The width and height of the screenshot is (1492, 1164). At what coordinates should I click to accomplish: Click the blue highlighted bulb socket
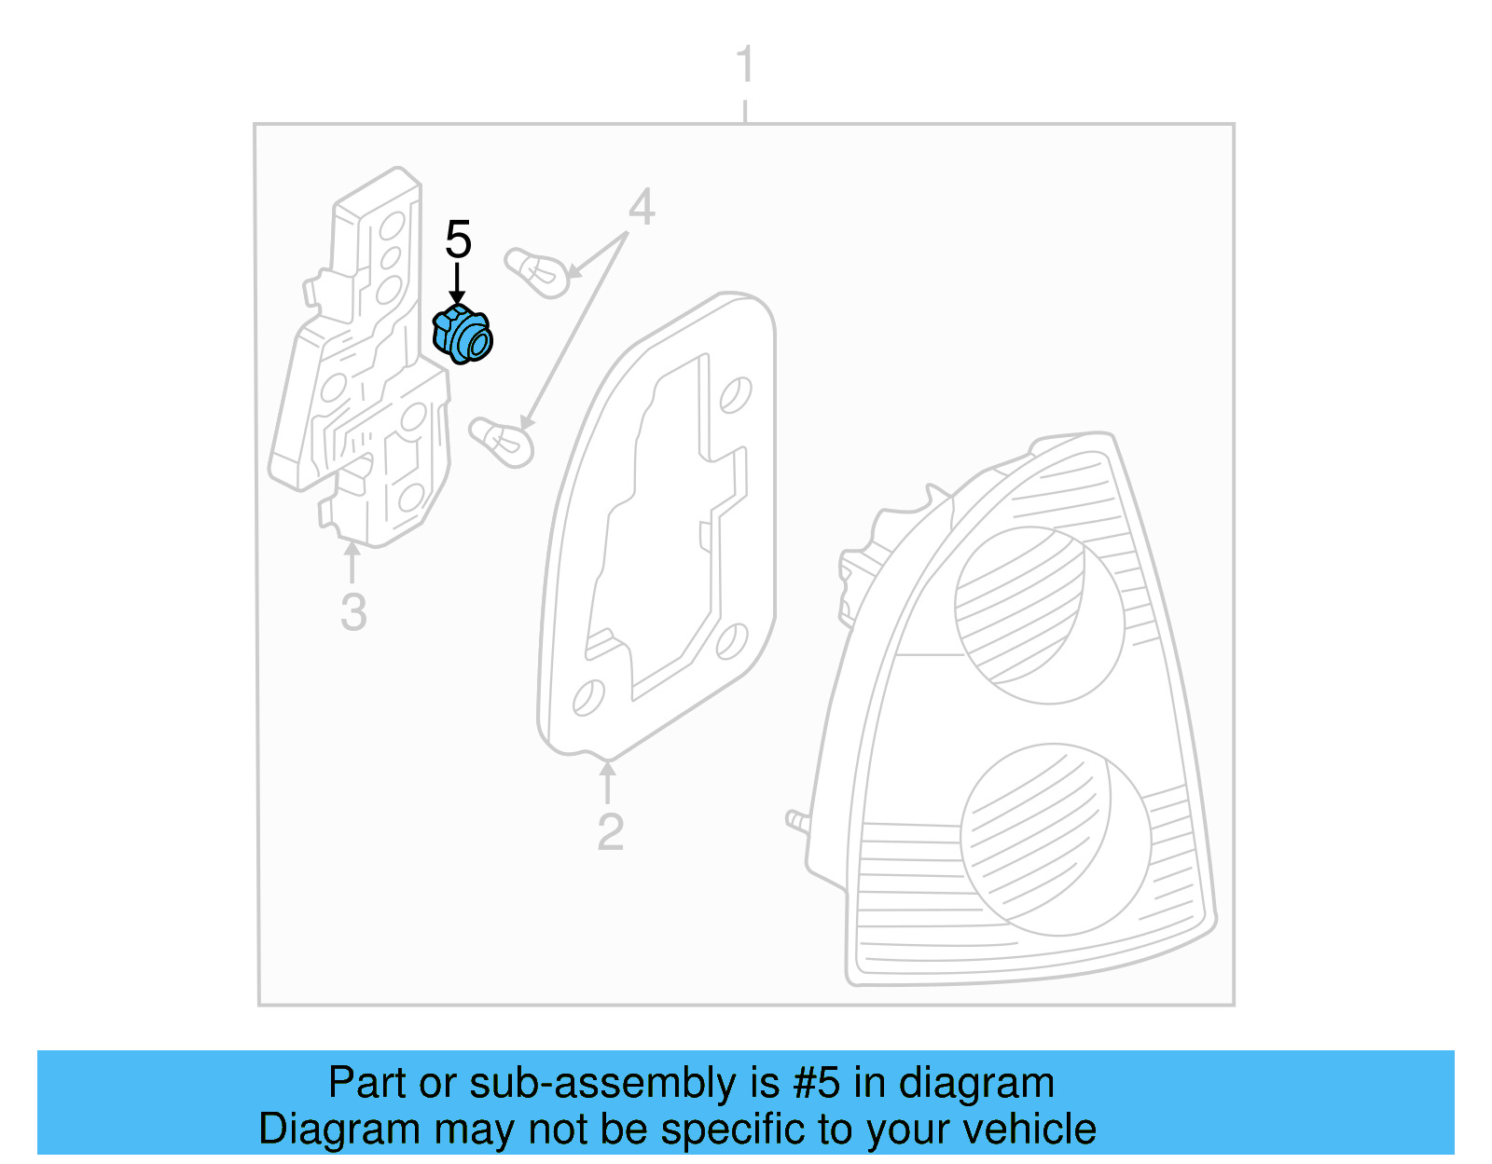[x=463, y=335]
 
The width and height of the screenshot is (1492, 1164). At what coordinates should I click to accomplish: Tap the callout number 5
[x=458, y=240]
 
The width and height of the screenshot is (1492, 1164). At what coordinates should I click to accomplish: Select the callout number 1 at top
[x=744, y=65]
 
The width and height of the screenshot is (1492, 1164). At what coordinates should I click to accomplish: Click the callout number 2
[x=610, y=831]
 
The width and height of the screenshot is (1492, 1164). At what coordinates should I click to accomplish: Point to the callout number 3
[x=353, y=612]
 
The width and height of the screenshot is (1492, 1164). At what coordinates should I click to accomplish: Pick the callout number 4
[x=642, y=207]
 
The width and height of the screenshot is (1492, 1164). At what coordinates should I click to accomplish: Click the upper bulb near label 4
[x=536, y=271]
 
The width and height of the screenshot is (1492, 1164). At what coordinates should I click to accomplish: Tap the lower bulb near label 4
[x=501, y=441]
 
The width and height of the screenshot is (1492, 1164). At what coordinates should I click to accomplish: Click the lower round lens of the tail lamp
[x=1054, y=839]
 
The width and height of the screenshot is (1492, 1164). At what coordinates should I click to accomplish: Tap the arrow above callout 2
[x=607, y=782]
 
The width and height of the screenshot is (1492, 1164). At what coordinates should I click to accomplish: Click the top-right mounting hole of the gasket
[x=736, y=394]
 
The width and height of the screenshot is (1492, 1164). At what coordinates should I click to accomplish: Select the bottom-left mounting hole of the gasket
[x=588, y=697]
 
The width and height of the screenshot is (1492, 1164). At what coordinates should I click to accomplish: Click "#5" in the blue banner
[x=817, y=1083]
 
